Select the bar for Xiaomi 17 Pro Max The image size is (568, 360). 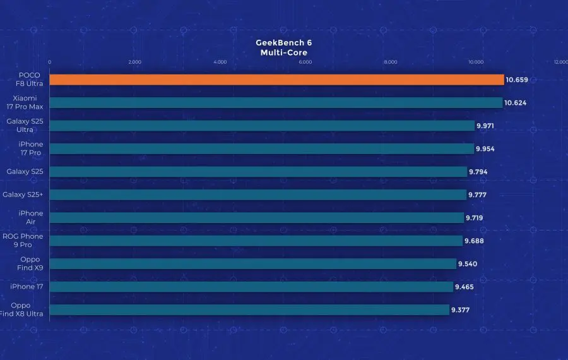[x=276, y=102]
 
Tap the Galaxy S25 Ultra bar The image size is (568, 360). [x=262, y=126]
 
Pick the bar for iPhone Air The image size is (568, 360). [x=256, y=217]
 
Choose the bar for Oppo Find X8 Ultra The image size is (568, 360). [x=249, y=309]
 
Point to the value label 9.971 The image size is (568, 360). [x=485, y=126]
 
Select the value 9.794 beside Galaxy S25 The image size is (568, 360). [x=478, y=172]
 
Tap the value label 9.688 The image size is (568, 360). [x=474, y=241]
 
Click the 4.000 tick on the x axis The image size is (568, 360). [x=220, y=62]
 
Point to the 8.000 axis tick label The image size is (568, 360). [x=390, y=62]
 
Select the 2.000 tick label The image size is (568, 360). [x=134, y=62]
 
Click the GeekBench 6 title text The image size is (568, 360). [x=283, y=43]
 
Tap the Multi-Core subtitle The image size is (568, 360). [x=283, y=52]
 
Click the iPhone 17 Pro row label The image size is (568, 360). [x=31, y=148]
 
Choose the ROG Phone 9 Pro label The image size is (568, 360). [x=23, y=240]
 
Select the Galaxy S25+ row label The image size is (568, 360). [x=23, y=195]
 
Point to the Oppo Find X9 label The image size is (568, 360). [x=30, y=263]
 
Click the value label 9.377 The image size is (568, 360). [x=460, y=309]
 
